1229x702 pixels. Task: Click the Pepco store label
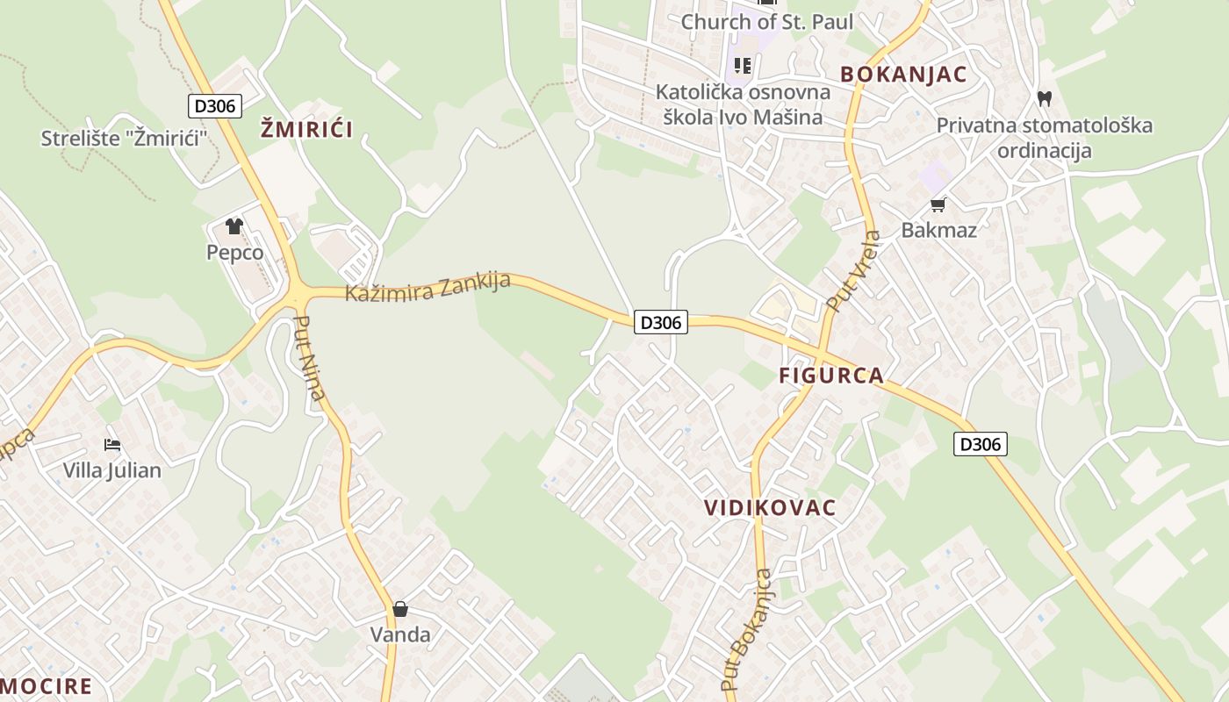(234, 253)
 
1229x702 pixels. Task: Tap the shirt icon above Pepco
(234, 226)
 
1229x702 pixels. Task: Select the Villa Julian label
(111, 470)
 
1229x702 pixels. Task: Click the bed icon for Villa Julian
(112, 445)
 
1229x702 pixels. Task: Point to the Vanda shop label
(400, 634)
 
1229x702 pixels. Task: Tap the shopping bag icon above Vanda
(400, 609)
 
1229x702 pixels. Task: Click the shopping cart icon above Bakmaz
(938, 205)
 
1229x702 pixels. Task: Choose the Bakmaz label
(938, 231)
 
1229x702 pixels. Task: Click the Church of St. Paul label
(766, 22)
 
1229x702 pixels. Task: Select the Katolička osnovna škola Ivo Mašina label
(743, 104)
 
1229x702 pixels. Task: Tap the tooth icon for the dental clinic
(1044, 98)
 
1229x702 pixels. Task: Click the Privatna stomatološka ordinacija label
(1044, 138)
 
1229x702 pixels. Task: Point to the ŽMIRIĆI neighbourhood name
(306, 130)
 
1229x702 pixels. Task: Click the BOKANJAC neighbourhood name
(903, 75)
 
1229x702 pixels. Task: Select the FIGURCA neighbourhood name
(831, 376)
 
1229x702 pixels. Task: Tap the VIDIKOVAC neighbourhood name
(770, 508)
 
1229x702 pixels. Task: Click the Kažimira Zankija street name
(428, 287)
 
